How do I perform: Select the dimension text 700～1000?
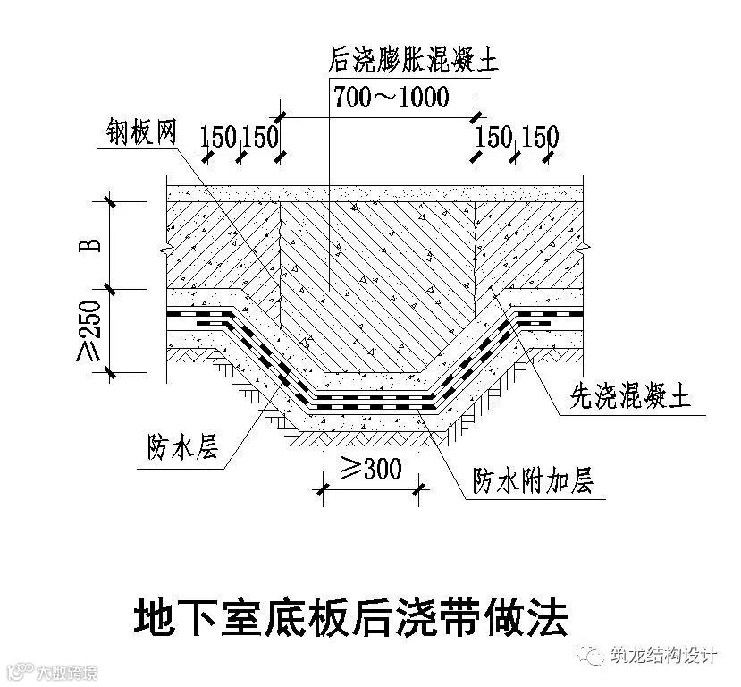pyautogui.click(x=391, y=98)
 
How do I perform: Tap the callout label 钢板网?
pyautogui.click(x=136, y=131)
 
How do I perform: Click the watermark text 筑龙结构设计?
pyautogui.click(x=662, y=656)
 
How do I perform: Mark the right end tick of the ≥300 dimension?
pyautogui.click(x=420, y=488)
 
